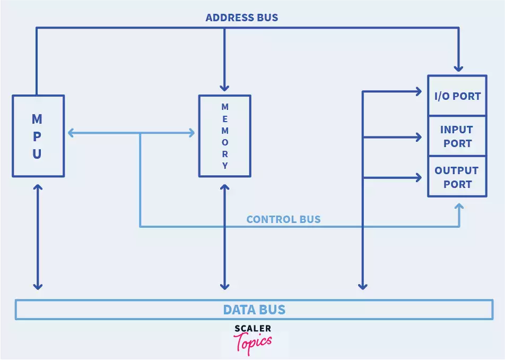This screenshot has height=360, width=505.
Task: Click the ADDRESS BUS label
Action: coord(241,18)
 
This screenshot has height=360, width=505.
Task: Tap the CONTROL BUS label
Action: coord(283,219)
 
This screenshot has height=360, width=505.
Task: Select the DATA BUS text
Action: coord(254,310)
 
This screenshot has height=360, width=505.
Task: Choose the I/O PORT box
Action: coord(457,96)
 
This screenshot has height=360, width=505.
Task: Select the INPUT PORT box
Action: coord(457,136)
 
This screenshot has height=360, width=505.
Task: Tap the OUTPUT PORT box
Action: coord(457,177)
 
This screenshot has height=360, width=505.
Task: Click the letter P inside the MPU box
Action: coord(37,136)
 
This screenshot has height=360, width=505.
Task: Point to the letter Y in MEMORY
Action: coord(225,166)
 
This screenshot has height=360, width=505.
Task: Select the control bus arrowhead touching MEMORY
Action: coord(191,133)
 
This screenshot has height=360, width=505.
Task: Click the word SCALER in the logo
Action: coord(252,329)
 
